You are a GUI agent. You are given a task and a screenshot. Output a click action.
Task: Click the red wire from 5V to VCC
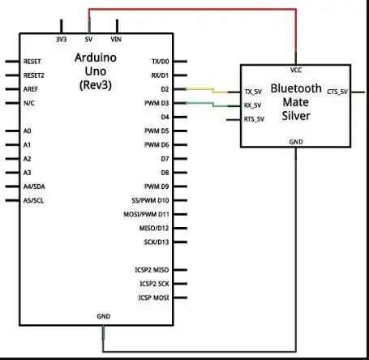[x=192, y=10]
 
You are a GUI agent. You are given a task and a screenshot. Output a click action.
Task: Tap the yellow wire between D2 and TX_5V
[x=213, y=90]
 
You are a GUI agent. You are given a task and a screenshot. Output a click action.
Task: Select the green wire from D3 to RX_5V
[x=213, y=105]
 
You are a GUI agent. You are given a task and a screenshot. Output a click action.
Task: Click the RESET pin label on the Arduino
[x=32, y=62]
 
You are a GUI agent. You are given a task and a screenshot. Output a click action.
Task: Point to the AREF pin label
[x=31, y=89]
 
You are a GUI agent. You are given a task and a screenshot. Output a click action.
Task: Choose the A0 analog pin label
[x=28, y=131]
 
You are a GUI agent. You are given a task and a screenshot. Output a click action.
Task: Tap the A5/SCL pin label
[x=33, y=200]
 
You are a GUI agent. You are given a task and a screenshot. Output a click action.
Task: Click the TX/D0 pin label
[x=161, y=62]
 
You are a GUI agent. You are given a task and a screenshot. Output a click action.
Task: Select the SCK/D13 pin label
[x=157, y=242]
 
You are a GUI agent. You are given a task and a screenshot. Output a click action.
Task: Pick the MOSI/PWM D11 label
[x=146, y=214]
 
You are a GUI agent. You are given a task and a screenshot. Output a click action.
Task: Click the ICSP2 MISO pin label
[x=152, y=270]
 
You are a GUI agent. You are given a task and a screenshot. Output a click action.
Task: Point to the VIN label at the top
[x=116, y=40]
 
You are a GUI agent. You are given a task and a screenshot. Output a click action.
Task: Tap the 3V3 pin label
[x=61, y=40]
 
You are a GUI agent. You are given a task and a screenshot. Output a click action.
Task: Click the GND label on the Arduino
[x=104, y=316]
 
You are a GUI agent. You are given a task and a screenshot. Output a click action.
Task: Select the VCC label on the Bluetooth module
[x=296, y=71]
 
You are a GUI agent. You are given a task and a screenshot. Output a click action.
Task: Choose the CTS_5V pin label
[x=337, y=92]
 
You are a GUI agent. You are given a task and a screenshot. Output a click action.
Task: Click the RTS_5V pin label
[x=254, y=119]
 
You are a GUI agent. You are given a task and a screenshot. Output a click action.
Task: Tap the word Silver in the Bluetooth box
[x=296, y=116]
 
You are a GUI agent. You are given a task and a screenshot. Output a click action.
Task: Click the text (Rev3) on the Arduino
[x=96, y=85]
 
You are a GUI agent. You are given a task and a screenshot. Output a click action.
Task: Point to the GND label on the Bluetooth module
[x=296, y=142]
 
